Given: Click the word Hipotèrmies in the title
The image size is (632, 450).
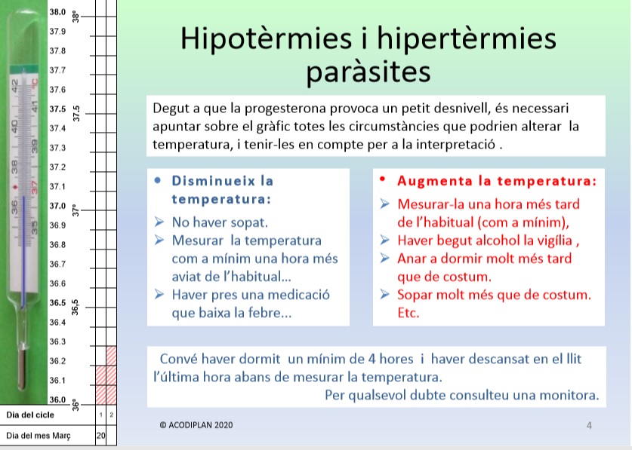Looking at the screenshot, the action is tap(266, 39).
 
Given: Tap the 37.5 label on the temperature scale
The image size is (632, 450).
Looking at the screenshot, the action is tap(57, 109).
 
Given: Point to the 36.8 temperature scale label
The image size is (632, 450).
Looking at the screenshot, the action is tap(57, 245).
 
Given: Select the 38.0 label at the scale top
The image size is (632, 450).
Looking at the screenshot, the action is tap(57, 12).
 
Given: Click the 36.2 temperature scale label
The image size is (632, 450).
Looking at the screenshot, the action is tap(57, 361).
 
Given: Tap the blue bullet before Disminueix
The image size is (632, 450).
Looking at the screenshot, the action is tap(158, 180).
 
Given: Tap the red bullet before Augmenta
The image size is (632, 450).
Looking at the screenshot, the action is tap(383, 179).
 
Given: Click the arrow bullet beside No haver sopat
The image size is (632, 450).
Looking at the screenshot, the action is tap(159, 222).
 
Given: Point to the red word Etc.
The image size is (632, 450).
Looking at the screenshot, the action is tap(408, 313).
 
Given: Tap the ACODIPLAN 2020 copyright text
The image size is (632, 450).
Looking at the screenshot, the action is tap(196, 425).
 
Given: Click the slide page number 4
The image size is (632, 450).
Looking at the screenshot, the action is tap(589, 425).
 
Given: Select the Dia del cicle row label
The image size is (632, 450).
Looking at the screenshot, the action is tap(30, 415).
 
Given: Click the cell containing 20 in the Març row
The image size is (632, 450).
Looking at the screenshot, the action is tap(100, 436).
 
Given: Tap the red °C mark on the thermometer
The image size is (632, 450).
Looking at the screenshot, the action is tap(35, 83).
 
